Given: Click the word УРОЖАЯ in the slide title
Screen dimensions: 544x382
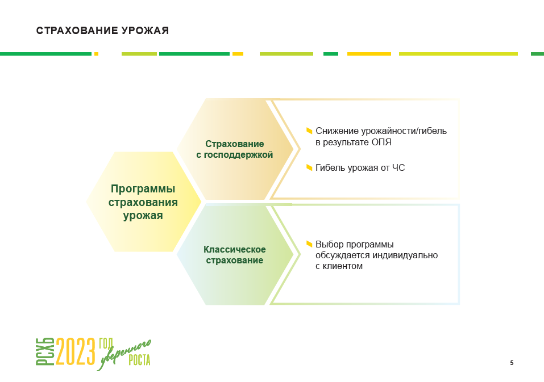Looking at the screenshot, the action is [145, 31].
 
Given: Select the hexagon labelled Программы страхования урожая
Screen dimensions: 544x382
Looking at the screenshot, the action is [144, 202].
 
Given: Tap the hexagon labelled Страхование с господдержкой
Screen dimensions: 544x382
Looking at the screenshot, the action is [235, 149].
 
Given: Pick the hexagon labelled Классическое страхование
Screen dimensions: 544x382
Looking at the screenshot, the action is [235, 254].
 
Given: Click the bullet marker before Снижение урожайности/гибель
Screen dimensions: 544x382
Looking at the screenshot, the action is [309, 131].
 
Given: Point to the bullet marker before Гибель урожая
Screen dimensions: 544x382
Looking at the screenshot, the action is [309, 167].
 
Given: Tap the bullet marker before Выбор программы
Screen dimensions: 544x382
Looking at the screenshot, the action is [309, 244].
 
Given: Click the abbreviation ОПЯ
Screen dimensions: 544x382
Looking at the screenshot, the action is [381, 142].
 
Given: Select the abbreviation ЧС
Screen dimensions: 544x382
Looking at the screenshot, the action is [398, 167].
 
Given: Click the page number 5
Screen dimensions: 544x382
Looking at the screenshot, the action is [512, 363].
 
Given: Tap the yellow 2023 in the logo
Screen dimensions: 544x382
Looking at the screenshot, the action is [76, 351].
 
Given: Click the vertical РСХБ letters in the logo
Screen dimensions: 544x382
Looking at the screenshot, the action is [45, 351].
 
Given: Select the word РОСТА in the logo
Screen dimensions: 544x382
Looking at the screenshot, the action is [139, 360].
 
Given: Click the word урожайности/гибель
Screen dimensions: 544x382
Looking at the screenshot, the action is [404, 131].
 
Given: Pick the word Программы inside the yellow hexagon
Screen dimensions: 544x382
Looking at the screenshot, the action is [143, 189].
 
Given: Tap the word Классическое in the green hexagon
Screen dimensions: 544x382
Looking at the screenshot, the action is [235, 249].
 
